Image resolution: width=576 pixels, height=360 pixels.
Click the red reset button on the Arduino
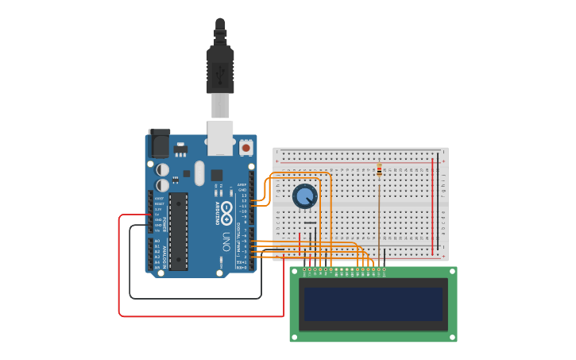pyautogui.click(x=246, y=148)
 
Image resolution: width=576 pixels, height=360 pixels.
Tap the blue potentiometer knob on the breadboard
pyautogui.click(x=304, y=195)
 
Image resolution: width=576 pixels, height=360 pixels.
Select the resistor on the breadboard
pyautogui.click(x=379, y=170)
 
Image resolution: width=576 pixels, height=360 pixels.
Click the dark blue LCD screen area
pyautogui.click(x=373, y=304)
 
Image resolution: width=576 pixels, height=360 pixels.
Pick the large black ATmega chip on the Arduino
pyautogui.click(x=178, y=230)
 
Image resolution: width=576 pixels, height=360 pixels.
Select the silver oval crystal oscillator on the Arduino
pyautogui.click(x=199, y=172)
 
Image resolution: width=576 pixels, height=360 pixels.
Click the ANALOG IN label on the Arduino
pyautogui.click(x=164, y=253)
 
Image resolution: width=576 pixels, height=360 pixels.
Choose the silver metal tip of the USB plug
pyautogui.click(x=220, y=105)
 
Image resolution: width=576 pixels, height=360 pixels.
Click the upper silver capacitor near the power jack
pyautogui.click(x=162, y=169)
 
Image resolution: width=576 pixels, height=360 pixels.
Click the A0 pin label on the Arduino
pyautogui.click(x=157, y=241)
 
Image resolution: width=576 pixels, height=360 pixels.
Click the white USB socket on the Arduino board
pyautogui.click(x=220, y=137)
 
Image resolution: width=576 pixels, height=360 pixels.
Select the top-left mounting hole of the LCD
pyautogui.click(x=295, y=272)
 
